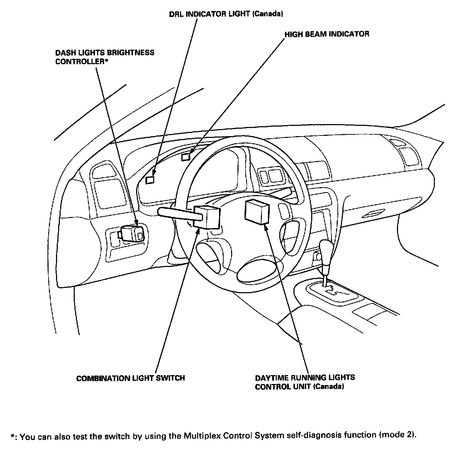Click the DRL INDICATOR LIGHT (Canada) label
click(x=226, y=15)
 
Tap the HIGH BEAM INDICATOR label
click(x=327, y=34)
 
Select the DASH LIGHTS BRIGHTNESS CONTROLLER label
click(x=105, y=57)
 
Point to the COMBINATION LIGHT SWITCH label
click(x=130, y=378)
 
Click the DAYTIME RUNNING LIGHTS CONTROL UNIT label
click(x=305, y=382)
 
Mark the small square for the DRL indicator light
click(x=150, y=179)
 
